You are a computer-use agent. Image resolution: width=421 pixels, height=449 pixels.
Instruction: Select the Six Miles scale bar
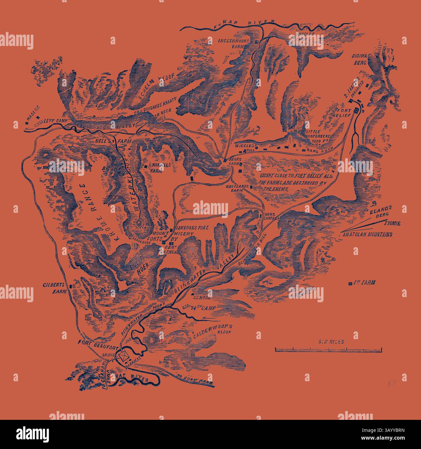click(x=328, y=349)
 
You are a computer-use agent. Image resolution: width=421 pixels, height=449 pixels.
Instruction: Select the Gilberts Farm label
click(x=54, y=288)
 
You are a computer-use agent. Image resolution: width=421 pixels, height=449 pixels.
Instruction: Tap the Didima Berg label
click(x=359, y=59)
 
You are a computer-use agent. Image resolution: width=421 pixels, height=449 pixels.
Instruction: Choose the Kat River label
click(x=137, y=378)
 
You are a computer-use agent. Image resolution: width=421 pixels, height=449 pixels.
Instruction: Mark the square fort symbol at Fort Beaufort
click(x=123, y=356)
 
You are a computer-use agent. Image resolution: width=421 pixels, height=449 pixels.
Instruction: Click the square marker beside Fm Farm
click(x=350, y=284)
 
